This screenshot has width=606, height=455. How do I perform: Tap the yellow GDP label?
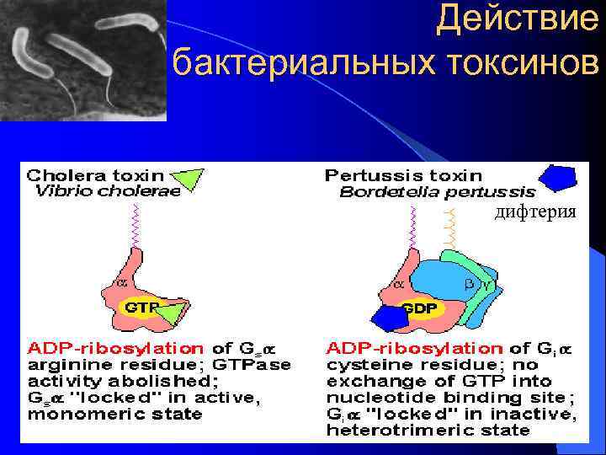pos(418,308)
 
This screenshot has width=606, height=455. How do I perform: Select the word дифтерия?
pos(536,212)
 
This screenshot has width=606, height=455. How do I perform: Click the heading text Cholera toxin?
pos(94,176)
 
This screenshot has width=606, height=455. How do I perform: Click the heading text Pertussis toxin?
pos(403,176)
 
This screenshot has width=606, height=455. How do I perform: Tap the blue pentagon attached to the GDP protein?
pos(389,318)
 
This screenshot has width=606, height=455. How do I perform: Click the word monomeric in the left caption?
pos(77,414)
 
